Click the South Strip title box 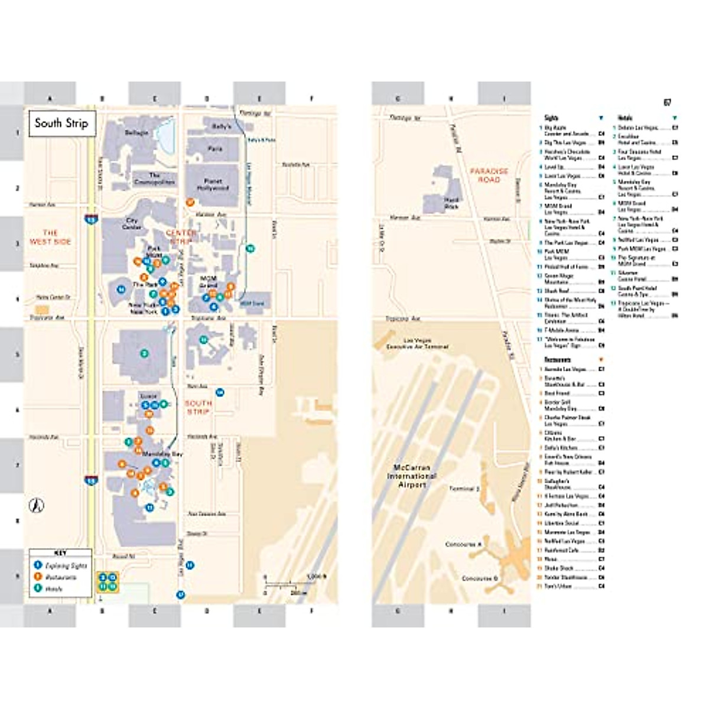61,123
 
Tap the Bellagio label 136,133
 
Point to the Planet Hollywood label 213,184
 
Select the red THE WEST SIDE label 50,237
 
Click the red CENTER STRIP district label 181,236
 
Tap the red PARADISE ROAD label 489,175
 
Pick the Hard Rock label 451,203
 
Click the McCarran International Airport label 412,476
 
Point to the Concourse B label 480,578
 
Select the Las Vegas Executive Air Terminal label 417,343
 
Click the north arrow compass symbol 37,505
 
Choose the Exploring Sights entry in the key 66,565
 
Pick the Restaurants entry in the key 61,577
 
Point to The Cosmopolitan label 154,178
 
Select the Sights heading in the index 551,118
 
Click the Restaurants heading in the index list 557,359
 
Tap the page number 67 667,103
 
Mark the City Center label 131,223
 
